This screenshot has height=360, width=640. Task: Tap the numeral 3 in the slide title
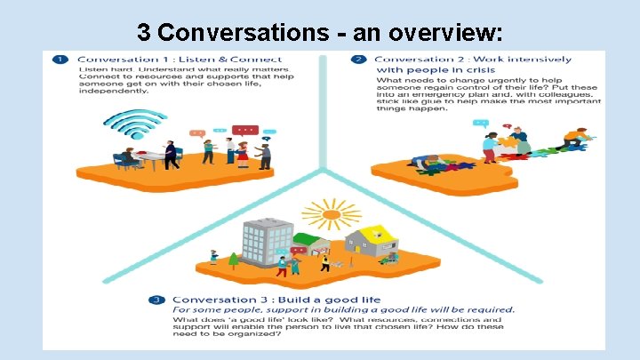[146, 33]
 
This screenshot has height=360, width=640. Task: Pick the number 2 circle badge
[357, 60]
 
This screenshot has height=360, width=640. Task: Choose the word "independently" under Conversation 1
[112, 91]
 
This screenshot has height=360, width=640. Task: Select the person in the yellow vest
[324, 263]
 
